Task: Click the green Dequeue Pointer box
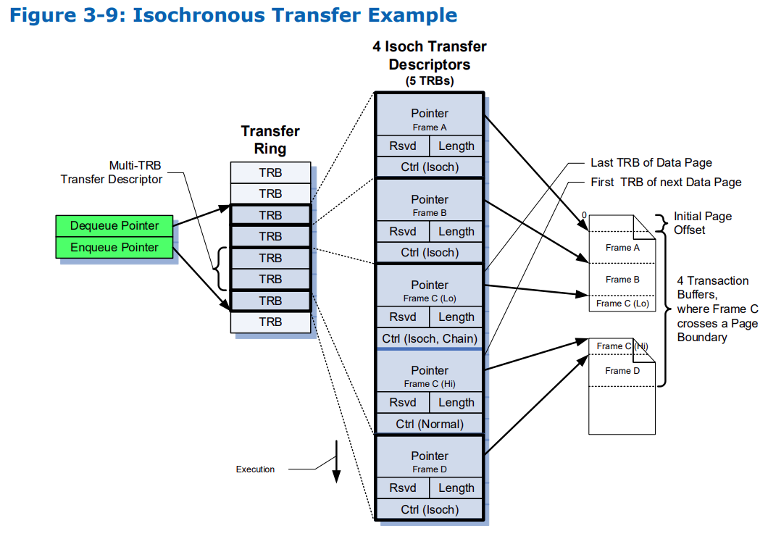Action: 114,225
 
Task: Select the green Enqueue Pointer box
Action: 114,247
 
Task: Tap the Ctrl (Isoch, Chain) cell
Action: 430,338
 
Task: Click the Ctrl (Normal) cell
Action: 430,424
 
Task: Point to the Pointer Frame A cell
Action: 430,119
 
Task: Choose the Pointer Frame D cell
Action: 430,461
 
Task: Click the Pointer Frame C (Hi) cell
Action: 430,376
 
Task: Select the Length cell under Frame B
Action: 456,232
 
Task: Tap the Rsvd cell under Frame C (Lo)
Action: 403,317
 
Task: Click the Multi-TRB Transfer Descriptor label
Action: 112,172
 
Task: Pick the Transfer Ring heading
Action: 270,140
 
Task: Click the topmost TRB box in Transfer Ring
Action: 270,173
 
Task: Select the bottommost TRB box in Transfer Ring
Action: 270,322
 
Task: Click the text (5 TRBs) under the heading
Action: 430,80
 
